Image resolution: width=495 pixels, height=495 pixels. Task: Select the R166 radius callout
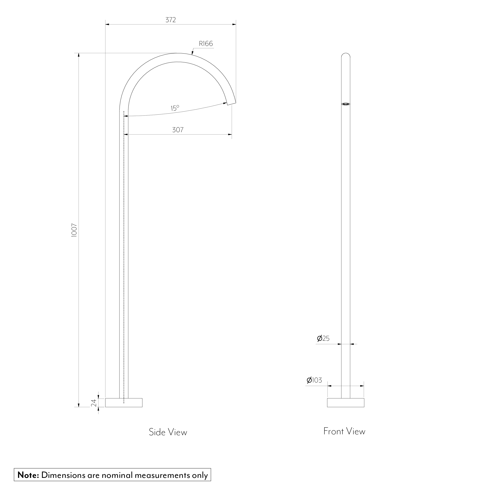(x=206, y=44)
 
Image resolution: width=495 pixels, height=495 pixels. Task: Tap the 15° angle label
(x=175, y=108)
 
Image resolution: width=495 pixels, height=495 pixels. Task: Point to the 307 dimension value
(x=178, y=130)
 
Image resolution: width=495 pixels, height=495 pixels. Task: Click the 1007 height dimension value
(x=74, y=230)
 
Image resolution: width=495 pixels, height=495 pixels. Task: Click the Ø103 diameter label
(x=314, y=380)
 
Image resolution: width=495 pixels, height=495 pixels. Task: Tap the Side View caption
(x=168, y=432)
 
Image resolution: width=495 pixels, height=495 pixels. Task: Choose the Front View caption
(x=344, y=431)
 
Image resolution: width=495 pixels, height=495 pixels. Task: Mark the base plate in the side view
(x=124, y=403)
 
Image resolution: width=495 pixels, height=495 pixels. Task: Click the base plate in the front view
(x=346, y=403)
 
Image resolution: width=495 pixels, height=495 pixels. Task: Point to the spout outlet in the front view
(x=346, y=104)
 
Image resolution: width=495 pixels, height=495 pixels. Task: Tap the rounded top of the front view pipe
(x=346, y=55)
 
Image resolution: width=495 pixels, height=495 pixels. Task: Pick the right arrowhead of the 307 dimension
(x=230, y=134)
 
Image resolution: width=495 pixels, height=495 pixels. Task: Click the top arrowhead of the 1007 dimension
(x=79, y=55)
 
